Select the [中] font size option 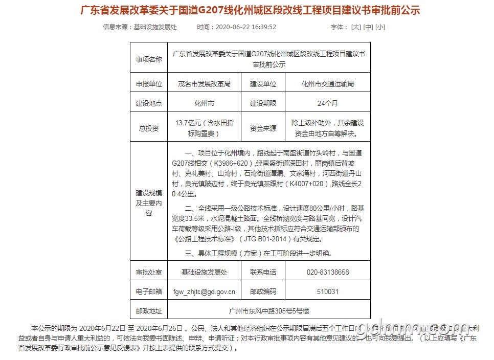[x=368, y=27]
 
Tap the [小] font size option [x=380, y=27]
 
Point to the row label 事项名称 [x=148, y=60]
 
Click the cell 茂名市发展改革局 [x=204, y=84]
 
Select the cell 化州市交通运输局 [x=327, y=84]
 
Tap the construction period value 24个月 [x=327, y=103]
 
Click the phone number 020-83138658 [x=327, y=272]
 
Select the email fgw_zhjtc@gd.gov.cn [x=204, y=291]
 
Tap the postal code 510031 [x=327, y=291]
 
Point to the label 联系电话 [x=263, y=272]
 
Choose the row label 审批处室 [x=148, y=272]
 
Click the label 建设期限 [x=263, y=103]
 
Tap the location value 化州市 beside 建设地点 [x=204, y=103]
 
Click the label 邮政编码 [x=263, y=291]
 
